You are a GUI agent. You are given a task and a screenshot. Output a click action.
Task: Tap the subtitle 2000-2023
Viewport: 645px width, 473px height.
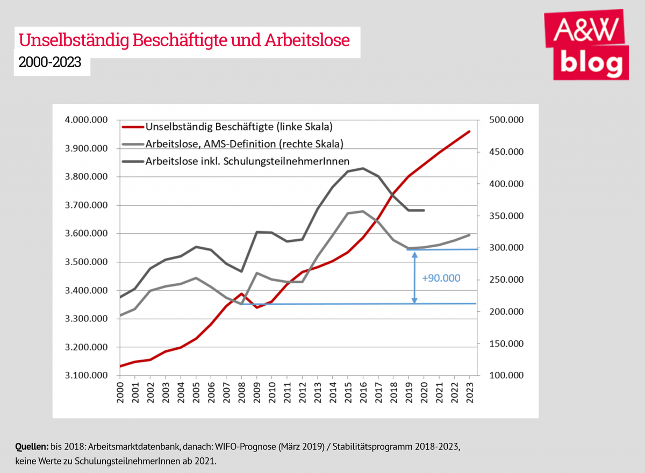(x=50, y=62)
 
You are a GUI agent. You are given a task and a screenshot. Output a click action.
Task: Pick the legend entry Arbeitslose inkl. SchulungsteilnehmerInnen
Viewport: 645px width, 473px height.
(x=248, y=161)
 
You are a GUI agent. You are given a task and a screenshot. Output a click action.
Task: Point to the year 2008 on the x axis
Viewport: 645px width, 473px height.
(x=242, y=391)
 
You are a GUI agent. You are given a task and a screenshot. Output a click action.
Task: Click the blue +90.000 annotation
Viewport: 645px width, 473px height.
(x=441, y=278)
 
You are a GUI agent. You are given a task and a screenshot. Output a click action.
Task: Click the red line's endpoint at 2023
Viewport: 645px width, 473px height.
(x=469, y=131)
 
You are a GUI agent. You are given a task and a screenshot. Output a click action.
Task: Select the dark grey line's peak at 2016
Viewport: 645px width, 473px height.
(x=363, y=168)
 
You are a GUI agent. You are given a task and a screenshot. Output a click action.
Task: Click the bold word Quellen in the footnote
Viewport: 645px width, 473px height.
(x=31, y=447)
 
